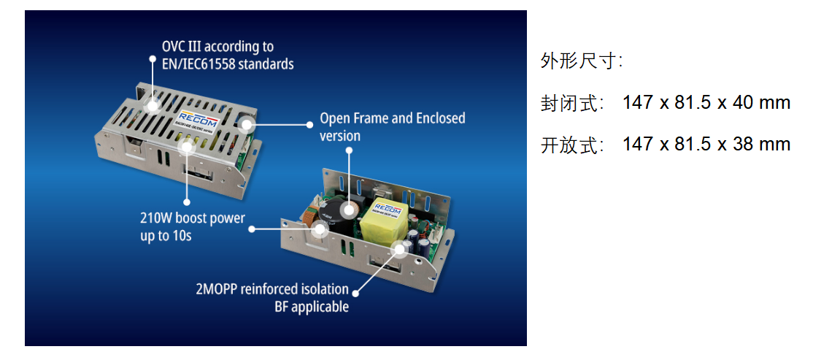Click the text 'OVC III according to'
[218, 47]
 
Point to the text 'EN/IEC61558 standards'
[228, 64]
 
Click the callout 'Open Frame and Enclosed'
[393, 118]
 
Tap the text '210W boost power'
[193, 218]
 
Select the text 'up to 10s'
[166, 236]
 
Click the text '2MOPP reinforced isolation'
[272, 290]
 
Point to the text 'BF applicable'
[311, 307]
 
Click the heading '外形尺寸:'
[582, 61]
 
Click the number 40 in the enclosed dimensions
[743, 102]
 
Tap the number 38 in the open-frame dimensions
[743, 144]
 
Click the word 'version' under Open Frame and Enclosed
[340, 136]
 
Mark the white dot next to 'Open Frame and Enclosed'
[309, 124]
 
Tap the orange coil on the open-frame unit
[309, 218]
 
